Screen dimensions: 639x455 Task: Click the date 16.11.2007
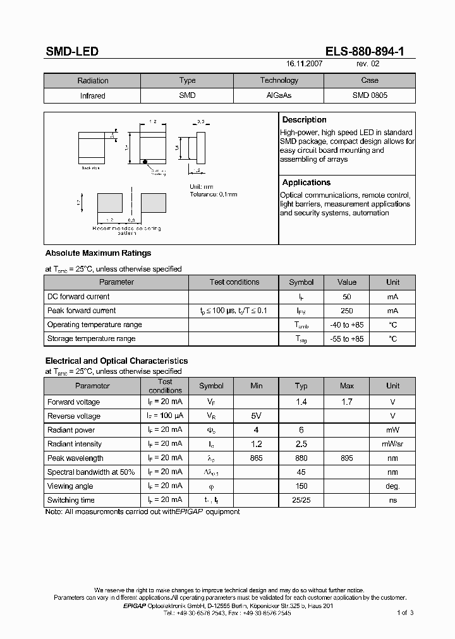305,64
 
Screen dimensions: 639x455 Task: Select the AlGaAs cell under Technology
279,95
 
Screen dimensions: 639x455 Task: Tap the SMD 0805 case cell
370,95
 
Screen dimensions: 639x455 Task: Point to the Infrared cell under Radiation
93,96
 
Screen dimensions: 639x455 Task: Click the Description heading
304,120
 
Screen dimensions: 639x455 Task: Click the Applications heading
306,182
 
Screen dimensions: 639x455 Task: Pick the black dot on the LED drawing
145,162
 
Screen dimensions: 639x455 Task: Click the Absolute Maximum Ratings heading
98,253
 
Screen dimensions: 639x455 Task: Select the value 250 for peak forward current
347,311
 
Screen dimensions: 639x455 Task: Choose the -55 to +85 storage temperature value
347,338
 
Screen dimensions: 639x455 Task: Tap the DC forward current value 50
347,297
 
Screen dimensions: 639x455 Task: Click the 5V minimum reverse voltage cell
256,416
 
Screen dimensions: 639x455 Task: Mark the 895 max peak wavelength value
347,458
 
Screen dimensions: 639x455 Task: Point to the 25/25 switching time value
301,500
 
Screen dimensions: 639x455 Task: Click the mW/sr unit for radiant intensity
392,445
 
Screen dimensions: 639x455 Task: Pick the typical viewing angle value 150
301,486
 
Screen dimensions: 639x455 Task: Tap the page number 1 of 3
405,612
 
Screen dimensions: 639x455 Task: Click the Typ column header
301,386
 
